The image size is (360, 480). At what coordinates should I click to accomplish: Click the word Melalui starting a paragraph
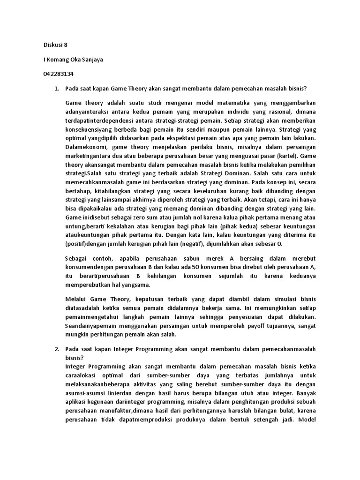[77, 299]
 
